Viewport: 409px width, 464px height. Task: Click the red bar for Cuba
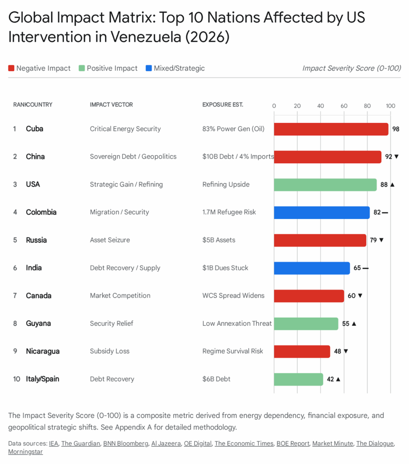tap(331, 129)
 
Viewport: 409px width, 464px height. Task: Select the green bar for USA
tap(325, 184)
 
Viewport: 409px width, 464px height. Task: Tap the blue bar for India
tap(312, 268)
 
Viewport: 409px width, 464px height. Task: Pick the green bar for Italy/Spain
tap(298, 379)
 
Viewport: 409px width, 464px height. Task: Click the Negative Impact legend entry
tap(39, 68)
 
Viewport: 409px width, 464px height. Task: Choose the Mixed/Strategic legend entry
tap(175, 68)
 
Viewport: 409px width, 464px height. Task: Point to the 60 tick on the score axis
tap(344, 106)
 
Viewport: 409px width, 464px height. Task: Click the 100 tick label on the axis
tap(390, 106)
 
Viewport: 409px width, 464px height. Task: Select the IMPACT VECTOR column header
tap(111, 105)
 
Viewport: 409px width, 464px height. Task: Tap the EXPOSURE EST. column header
tap(223, 105)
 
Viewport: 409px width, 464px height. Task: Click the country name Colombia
tap(41, 212)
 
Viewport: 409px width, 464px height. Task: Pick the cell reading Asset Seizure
tap(110, 240)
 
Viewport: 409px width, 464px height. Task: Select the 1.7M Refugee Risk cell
tap(229, 212)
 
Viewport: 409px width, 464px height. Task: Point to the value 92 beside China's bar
tap(389, 157)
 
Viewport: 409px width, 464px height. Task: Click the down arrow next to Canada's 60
tap(360, 296)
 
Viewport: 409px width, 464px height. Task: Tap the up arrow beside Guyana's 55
tap(354, 324)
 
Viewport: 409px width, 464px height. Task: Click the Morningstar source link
tap(25, 452)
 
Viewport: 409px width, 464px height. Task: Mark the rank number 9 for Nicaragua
tap(15, 351)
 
